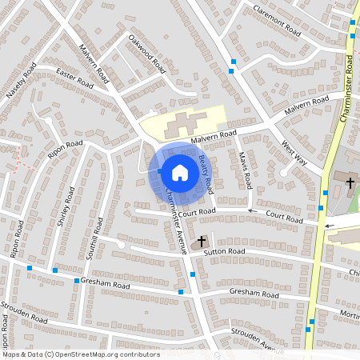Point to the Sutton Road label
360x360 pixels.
pos(226,251)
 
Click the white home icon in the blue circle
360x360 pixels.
pos(179,172)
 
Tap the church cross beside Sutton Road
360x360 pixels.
pos(202,240)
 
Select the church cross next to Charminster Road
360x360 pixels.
pos(350,183)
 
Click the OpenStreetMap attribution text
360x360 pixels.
pos(81,354)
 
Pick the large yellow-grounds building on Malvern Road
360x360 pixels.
pos(182,124)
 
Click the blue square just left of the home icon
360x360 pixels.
pos(159,171)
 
